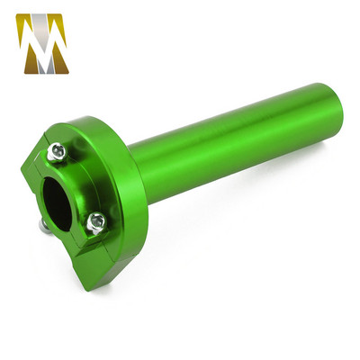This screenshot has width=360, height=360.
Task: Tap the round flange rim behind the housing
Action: point(126,144)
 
